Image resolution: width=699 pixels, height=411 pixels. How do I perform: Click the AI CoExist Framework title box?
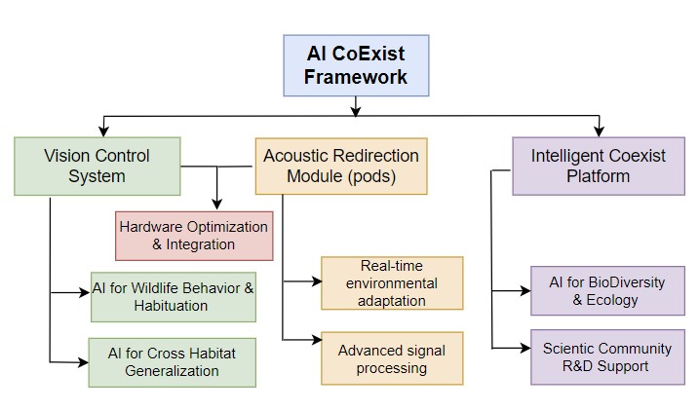pyautogui.click(x=356, y=65)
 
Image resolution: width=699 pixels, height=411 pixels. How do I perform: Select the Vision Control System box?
pyautogui.click(x=97, y=167)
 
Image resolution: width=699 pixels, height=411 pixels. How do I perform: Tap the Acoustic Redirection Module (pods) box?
pyautogui.click(x=341, y=167)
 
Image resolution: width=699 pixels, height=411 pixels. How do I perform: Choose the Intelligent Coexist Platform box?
pyautogui.click(x=599, y=167)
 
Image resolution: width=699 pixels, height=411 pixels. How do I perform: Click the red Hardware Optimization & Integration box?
pyautogui.click(x=194, y=236)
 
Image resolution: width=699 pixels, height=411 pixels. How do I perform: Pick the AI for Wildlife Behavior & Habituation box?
pyautogui.click(x=174, y=297)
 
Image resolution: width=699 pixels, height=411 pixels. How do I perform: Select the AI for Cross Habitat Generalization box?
pyautogui.click(x=173, y=362)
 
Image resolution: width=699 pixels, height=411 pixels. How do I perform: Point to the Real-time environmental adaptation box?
pyautogui.click(x=392, y=283)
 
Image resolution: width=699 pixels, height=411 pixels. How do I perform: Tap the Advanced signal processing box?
pyautogui.click(x=392, y=358)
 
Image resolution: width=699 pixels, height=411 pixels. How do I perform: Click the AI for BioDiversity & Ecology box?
pyautogui.click(x=607, y=291)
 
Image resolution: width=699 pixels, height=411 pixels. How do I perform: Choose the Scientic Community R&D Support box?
pyautogui.click(x=607, y=357)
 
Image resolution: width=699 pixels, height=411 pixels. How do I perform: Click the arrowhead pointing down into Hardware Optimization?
pyautogui.click(x=217, y=205)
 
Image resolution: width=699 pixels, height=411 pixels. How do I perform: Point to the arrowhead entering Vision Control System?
pyautogui.click(x=103, y=131)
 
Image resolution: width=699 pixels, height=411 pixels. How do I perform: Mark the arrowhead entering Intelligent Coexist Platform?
pyautogui.click(x=600, y=131)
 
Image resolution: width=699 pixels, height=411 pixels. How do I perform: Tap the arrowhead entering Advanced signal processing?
pyautogui.click(x=317, y=340)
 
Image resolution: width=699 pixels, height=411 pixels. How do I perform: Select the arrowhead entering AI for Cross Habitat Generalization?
pyautogui.click(x=84, y=362)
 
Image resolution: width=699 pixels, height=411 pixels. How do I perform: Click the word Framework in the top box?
pyautogui.click(x=356, y=77)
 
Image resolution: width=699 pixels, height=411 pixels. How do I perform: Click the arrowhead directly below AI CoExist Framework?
pyautogui.click(x=355, y=111)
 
